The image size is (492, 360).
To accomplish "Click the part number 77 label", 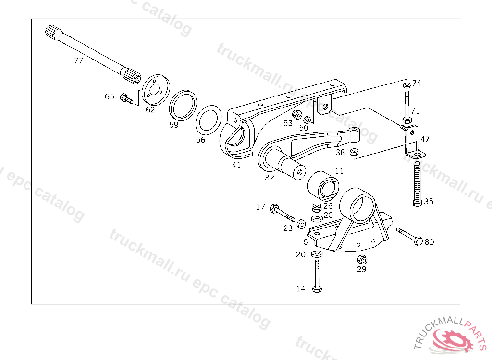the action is click(x=78, y=61).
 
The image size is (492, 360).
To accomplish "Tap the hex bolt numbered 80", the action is click(x=408, y=236).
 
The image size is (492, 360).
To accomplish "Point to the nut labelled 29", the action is click(x=362, y=260).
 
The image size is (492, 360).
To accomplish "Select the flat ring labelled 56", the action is click(x=208, y=119).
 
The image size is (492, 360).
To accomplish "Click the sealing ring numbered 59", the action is click(x=183, y=104).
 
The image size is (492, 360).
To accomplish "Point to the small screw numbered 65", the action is click(x=126, y=99).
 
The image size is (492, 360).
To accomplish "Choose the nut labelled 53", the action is click(x=297, y=115).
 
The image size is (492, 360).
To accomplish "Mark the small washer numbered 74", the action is click(x=407, y=85).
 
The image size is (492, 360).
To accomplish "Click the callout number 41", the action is click(x=236, y=165).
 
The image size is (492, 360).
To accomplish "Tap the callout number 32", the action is click(x=270, y=178).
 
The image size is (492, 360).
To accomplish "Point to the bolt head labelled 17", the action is click(x=275, y=208).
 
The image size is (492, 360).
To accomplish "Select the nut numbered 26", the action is click(x=316, y=208).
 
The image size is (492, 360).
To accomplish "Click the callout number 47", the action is click(x=425, y=139).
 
